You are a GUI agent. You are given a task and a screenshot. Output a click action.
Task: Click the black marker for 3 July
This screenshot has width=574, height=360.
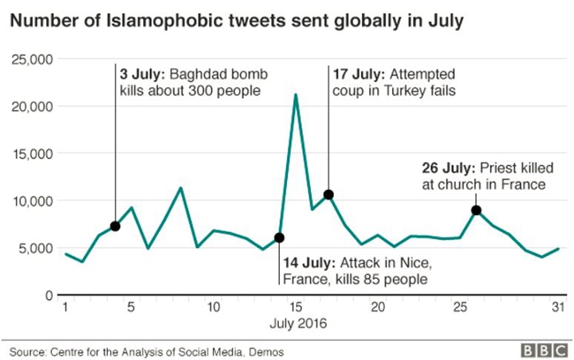tap(115, 227)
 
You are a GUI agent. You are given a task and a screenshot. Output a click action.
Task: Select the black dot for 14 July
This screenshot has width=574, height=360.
tap(279, 237)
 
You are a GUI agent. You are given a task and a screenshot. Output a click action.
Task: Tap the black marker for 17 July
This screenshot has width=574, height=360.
tap(329, 194)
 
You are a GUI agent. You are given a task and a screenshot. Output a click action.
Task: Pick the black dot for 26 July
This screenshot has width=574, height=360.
tap(476, 210)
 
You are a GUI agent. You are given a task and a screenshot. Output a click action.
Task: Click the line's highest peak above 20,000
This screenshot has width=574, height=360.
tap(295, 94)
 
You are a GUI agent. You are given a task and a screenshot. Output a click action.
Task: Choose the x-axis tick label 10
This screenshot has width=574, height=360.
tap(213, 308)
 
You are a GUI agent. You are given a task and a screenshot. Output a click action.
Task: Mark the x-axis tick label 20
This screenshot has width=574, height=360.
tap(378, 308)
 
